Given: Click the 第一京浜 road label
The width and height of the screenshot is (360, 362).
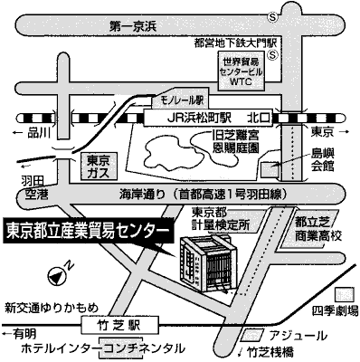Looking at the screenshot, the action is [133, 27].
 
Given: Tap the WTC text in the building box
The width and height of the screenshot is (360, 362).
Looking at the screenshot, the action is [241, 81].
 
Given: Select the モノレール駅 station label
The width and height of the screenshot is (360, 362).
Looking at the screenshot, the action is [182, 100].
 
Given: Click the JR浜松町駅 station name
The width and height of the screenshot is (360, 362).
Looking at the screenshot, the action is [199, 119].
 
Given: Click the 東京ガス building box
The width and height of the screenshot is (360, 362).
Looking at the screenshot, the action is [99, 167].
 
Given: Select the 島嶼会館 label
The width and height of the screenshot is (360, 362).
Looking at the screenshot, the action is [322, 160].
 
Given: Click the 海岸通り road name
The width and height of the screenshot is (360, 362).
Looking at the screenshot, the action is [142, 194].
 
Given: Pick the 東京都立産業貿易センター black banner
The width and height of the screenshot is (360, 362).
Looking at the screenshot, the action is [89, 231].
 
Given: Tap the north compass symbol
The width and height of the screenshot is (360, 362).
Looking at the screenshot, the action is [57, 275].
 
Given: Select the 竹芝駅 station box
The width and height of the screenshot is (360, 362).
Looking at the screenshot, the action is [119, 326].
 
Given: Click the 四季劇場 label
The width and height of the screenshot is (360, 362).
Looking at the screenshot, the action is [336, 310].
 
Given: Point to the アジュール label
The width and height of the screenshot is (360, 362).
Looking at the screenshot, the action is [298, 336].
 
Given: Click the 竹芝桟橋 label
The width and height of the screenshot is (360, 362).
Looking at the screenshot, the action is [270, 352].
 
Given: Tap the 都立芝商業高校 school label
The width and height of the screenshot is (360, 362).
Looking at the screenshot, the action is [318, 229].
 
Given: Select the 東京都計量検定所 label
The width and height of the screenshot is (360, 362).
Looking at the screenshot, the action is [221, 219].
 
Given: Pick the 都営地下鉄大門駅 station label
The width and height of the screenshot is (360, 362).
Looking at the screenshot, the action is [235, 43].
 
